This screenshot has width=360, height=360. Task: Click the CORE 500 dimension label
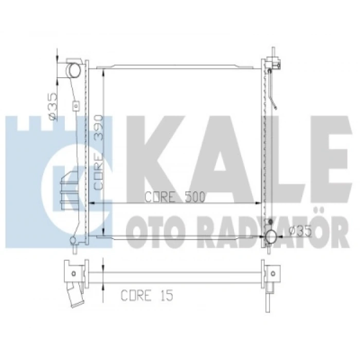coord(175,197)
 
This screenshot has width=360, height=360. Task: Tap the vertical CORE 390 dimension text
coord(98,152)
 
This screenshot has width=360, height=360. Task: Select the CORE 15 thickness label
coord(147,295)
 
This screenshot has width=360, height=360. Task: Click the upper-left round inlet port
coord(74,70)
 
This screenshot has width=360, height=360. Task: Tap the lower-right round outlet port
coord(271,237)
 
